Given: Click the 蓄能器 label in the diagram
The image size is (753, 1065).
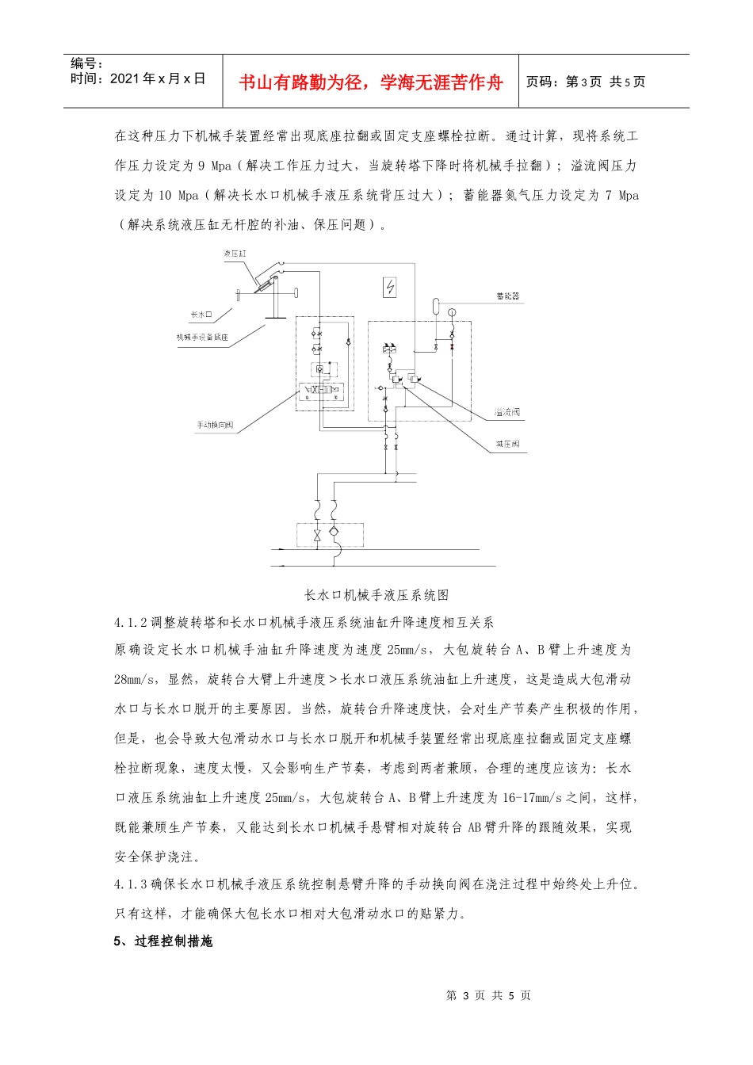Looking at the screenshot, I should point(507,296).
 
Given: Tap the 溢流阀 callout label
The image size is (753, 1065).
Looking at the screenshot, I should point(507,413).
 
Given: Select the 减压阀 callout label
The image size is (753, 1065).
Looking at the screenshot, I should point(507,445).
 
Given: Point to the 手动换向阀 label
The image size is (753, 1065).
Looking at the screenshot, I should point(215,426).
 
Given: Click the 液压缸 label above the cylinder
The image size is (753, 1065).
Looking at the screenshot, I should point(235,254).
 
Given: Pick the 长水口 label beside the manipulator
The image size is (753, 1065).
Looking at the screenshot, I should point(201,315).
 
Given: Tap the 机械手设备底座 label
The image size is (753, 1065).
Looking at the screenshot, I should point(202,338).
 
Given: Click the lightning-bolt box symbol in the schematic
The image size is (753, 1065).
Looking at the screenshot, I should point(390,287).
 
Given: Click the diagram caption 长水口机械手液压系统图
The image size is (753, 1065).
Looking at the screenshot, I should point(376,594).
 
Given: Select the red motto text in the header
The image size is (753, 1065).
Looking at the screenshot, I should point(370,82).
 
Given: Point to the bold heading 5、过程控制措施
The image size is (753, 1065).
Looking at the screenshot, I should point(163,941).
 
